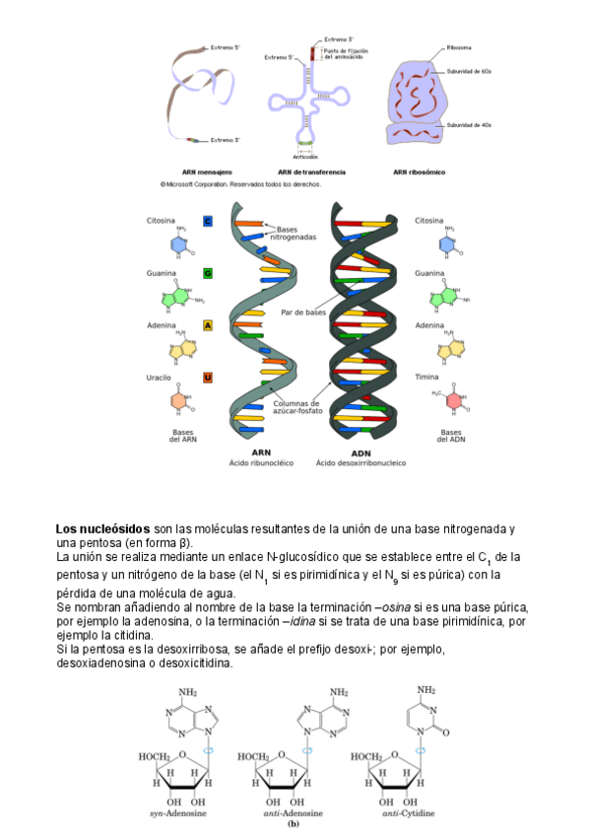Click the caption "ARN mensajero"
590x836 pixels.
[x=207, y=172]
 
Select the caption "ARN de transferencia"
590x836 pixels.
[x=309, y=172]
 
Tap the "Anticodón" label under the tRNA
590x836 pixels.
[x=305, y=157]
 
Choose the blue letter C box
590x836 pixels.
[x=208, y=221]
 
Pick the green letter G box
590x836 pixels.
[x=208, y=272]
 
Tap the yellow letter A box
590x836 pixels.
[x=208, y=325]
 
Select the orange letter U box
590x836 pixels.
[x=208, y=378]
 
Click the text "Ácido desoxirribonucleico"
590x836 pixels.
[x=360, y=462]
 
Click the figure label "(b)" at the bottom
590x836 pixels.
[x=293, y=823]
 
